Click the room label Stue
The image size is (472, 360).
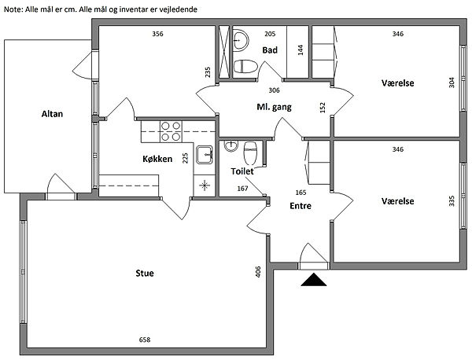pyautogui.click(x=143, y=274)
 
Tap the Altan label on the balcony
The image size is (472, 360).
pyautogui.click(x=52, y=114)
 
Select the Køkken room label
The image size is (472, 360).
pyautogui.click(x=157, y=159)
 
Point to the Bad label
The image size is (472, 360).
pyautogui.click(x=270, y=50)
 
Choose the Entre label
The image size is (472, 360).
pyautogui.click(x=301, y=206)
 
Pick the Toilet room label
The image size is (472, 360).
pyautogui.click(x=242, y=171)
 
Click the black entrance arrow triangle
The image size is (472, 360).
pyautogui.click(x=314, y=280)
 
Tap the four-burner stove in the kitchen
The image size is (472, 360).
pyautogui.click(x=171, y=131)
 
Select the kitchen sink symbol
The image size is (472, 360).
pyautogui.click(x=204, y=154)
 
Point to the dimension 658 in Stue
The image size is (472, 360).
pyautogui.click(x=145, y=340)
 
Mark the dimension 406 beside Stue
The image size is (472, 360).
pyautogui.click(x=258, y=272)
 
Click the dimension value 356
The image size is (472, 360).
pyautogui.click(x=157, y=34)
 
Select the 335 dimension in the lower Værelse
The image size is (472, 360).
pyautogui.click(x=452, y=200)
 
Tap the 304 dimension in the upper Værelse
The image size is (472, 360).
pyautogui.click(x=452, y=83)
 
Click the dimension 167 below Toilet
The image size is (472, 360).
pyautogui.click(x=242, y=189)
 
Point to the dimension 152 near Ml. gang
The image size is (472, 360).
pyautogui.click(x=323, y=107)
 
